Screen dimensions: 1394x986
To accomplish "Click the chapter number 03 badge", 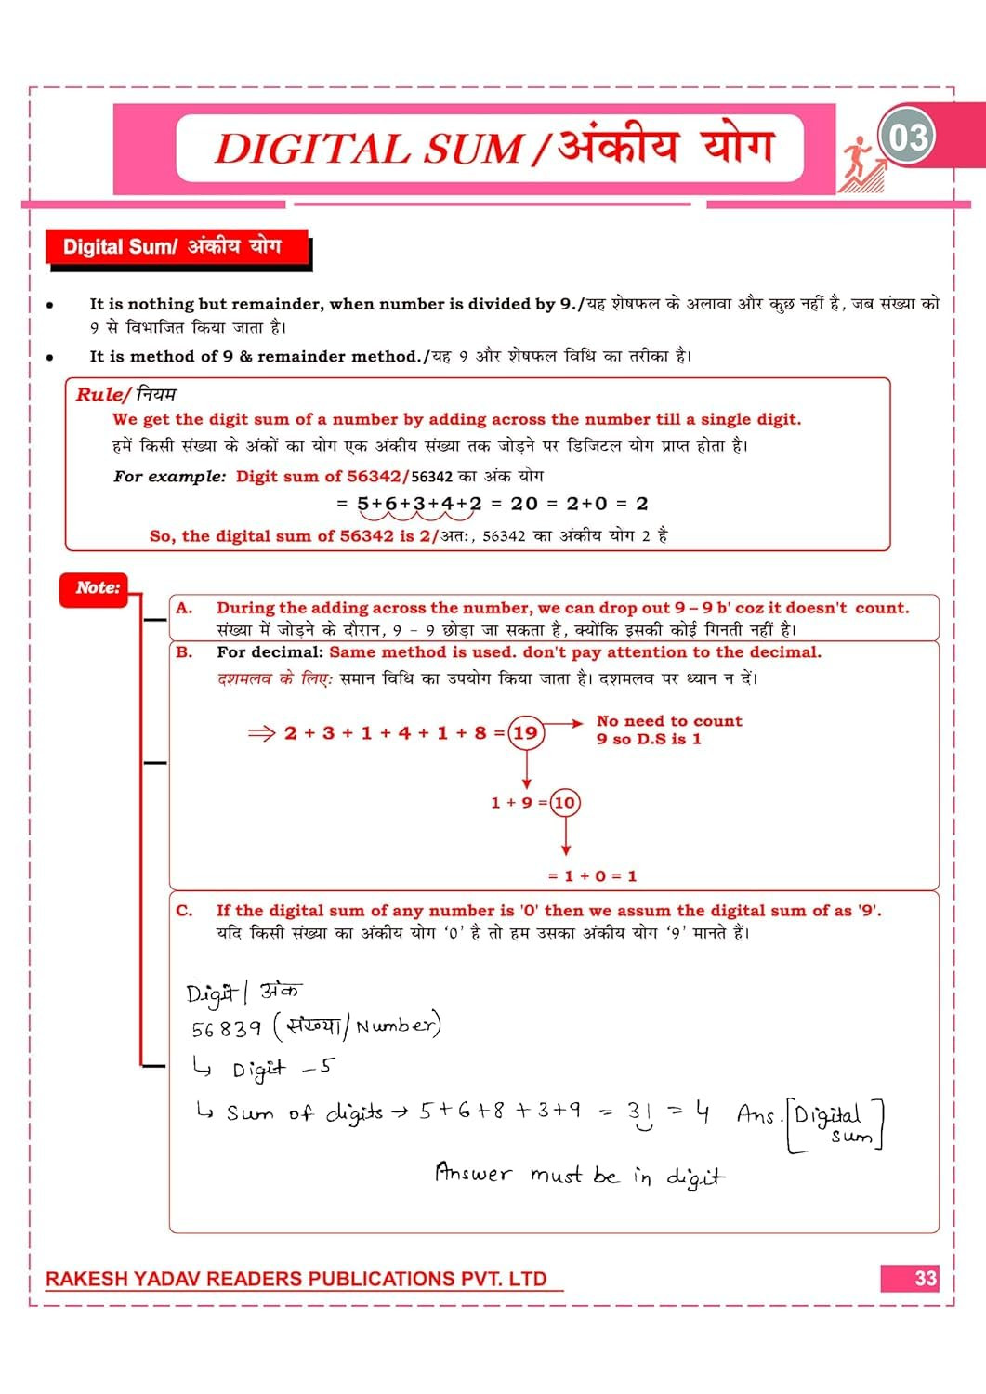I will click(x=907, y=137).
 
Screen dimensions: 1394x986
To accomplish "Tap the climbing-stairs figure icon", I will click(x=861, y=166).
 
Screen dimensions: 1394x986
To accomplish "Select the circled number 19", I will click(x=526, y=732).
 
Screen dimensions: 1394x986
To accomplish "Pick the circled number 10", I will click(x=564, y=802).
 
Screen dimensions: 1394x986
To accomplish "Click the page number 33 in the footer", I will click(x=925, y=1278).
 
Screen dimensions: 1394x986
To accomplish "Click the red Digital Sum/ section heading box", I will click(x=177, y=247).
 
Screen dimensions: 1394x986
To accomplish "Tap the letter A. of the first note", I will click(x=184, y=608).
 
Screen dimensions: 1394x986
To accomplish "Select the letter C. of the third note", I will click(x=184, y=911).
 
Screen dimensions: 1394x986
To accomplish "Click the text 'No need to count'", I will click(x=669, y=721).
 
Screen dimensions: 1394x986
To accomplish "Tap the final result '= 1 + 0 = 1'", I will click(x=592, y=875).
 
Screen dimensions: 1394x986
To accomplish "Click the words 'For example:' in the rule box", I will click(x=169, y=477).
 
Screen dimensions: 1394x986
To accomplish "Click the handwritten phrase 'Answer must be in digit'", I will click(x=579, y=1175).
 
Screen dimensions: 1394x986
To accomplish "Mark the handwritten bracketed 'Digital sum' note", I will click(x=836, y=1124).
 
